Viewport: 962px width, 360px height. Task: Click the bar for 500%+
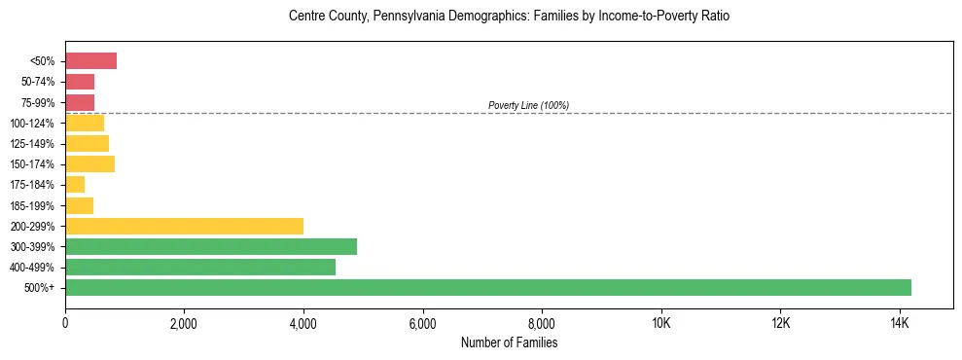488,287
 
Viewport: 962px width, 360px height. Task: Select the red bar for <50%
90,61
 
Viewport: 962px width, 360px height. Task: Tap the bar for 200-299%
184,226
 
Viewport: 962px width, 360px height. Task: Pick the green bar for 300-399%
211,246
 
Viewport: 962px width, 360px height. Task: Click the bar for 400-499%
200,267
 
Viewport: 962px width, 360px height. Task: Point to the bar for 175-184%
75,185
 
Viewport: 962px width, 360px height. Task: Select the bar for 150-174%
89,164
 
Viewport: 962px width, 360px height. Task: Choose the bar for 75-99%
80,102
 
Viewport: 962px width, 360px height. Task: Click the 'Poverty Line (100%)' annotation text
528,105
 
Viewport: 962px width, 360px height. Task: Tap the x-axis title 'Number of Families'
510,342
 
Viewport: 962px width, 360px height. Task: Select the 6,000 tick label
422,323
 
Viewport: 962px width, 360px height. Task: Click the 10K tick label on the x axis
660,323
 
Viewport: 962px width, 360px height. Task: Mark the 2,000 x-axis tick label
184,323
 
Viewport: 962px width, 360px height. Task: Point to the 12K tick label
780,323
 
